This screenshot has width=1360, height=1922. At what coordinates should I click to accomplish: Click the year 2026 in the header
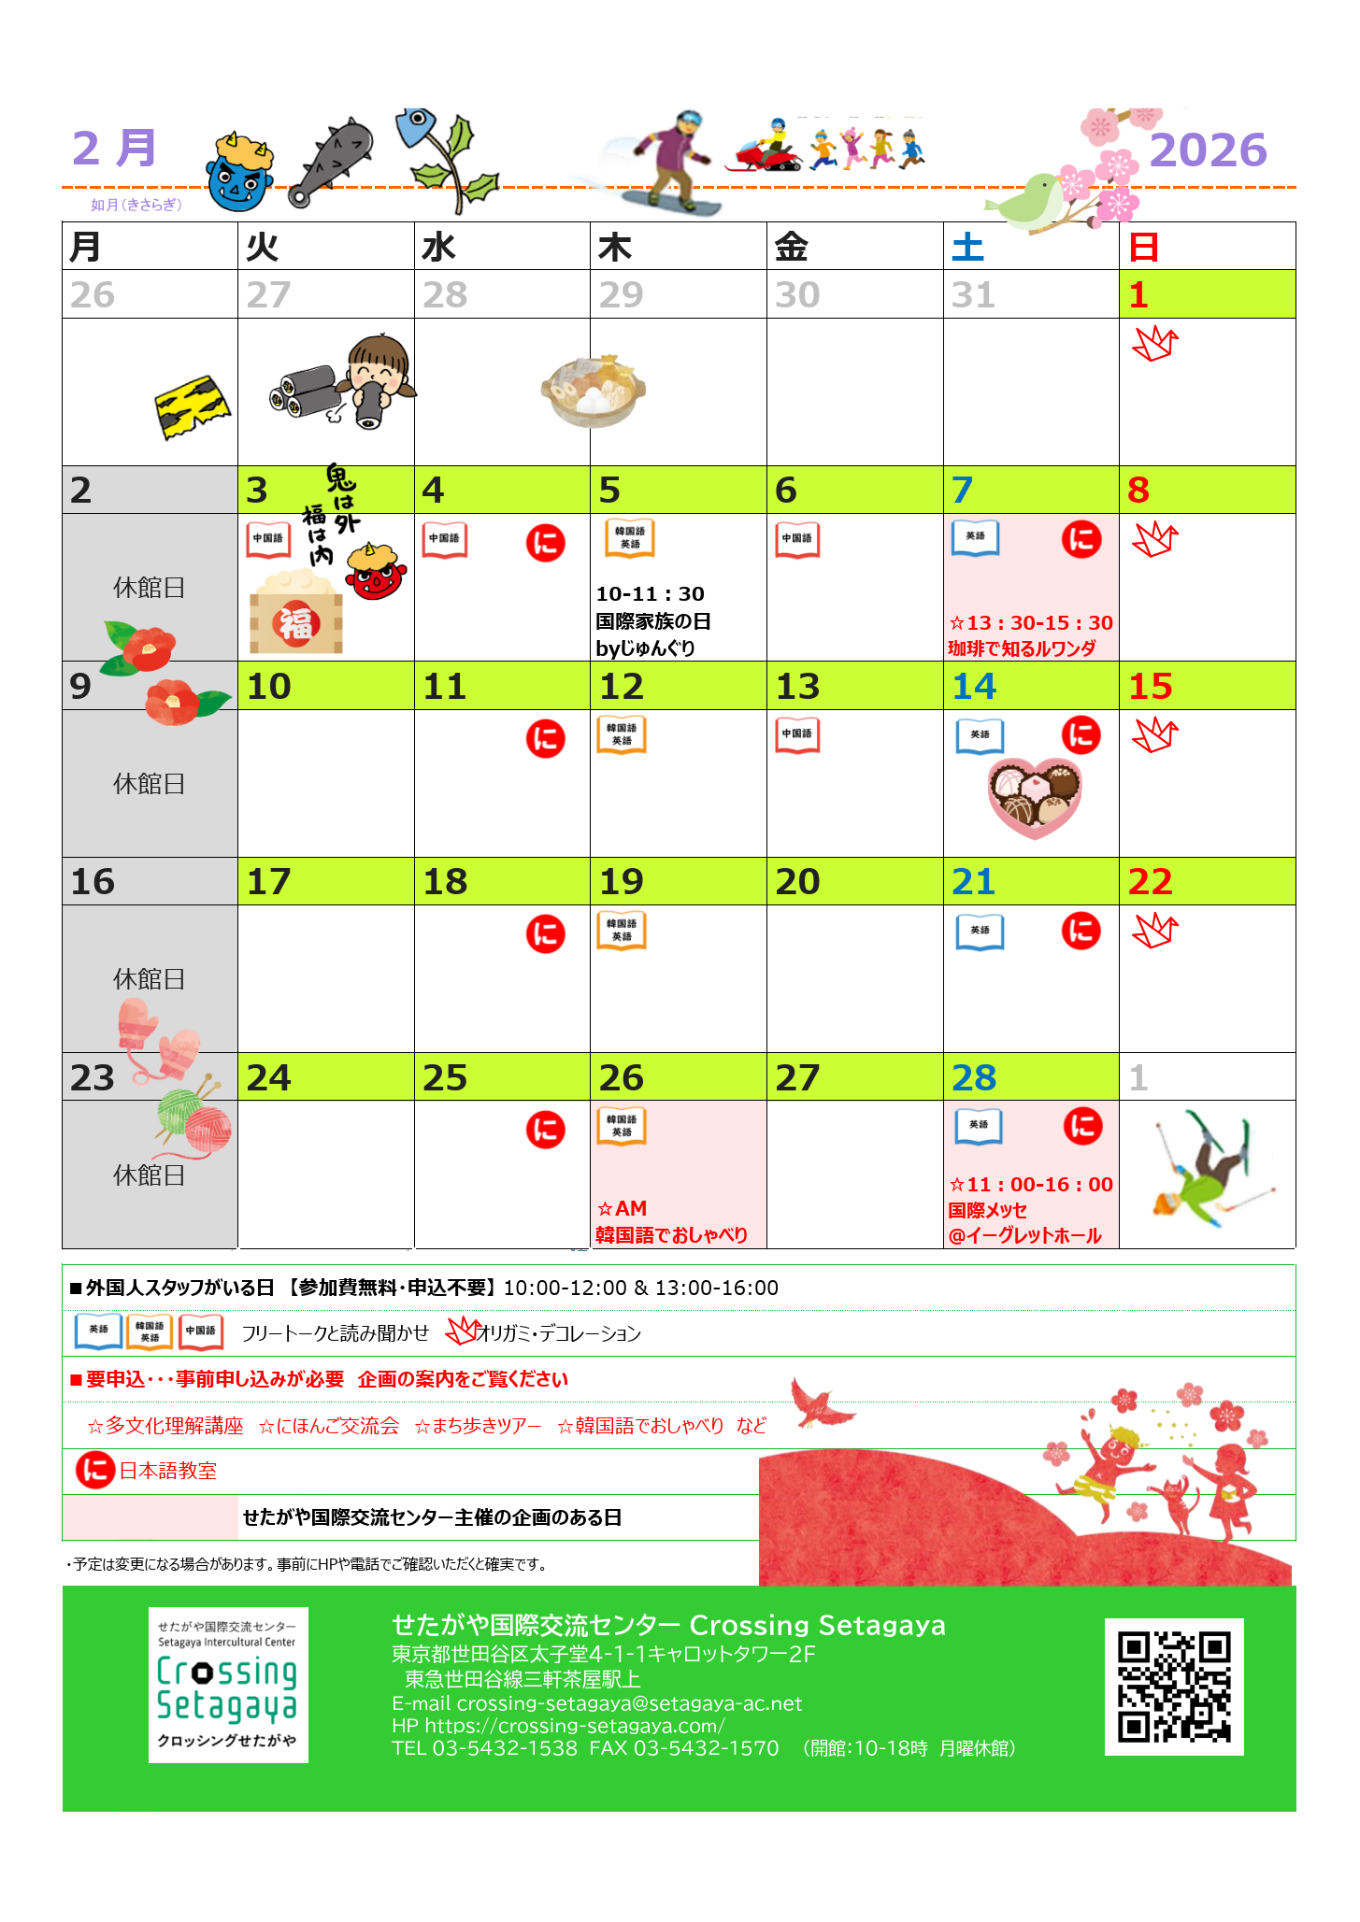coord(1208,149)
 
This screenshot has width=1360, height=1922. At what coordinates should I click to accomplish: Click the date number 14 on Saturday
coord(974,687)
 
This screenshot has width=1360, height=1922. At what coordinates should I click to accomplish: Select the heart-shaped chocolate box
coord(1035,795)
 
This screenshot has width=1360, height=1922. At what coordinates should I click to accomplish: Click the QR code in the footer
coord(1174,1687)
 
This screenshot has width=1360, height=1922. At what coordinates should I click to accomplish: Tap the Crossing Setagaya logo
coord(228,1685)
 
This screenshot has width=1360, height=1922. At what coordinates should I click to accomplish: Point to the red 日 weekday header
coord(1144,248)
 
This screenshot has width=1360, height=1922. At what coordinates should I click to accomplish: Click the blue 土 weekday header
coord(967,248)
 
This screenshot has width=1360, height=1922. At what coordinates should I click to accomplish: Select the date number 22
coord(1150,882)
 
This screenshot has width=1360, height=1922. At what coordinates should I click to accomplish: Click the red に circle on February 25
coord(545,1130)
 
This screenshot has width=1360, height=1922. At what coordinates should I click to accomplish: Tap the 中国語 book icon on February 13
coord(797,734)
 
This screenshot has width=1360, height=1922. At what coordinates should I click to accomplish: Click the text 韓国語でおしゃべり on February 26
coord(671,1235)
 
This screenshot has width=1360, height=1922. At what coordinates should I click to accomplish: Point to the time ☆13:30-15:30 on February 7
coord(1031,623)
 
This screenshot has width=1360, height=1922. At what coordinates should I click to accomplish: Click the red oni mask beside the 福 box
coord(378,572)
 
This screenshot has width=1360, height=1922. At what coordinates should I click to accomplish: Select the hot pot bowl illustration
coord(594,391)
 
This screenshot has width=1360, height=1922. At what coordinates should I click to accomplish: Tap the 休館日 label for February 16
coord(150,979)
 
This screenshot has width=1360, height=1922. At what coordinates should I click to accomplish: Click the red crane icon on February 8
coord(1155,539)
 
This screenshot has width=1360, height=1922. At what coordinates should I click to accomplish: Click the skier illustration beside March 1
coord(1211,1169)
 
